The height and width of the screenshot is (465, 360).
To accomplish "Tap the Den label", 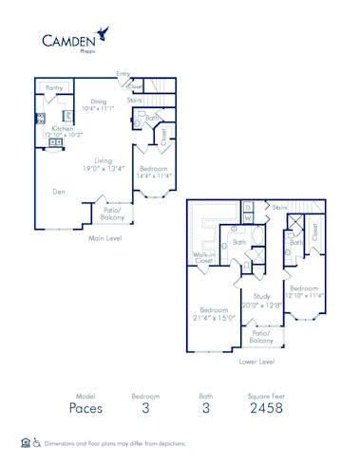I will [59, 191].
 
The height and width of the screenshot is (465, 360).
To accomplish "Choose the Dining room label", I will [99, 101].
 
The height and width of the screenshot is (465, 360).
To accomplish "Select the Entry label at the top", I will [123, 73].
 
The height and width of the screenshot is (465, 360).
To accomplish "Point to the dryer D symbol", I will [248, 205].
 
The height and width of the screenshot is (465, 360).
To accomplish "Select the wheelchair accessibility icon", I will [37, 443].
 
